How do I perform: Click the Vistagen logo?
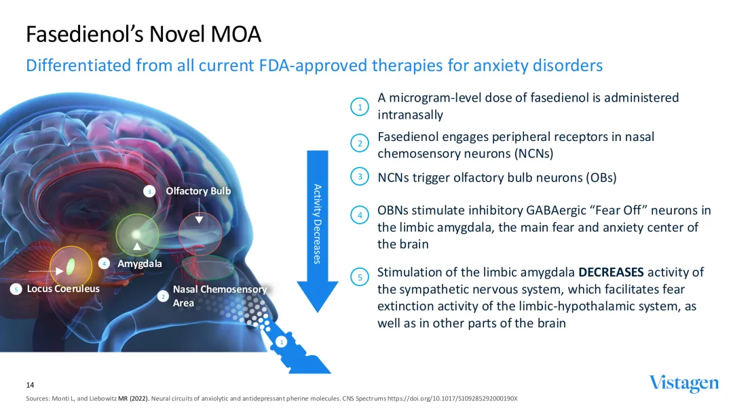pos(683,384)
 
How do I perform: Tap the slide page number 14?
pos(30,384)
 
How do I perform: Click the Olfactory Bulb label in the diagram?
pos(198,191)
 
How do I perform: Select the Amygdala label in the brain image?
pos(140,263)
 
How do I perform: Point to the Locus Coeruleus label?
pos(63,289)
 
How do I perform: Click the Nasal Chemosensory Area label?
pos(219,295)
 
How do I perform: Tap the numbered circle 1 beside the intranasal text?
pos(360,106)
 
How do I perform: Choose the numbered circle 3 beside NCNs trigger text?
pos(360,177)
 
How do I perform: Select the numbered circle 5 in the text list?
pos(360,277)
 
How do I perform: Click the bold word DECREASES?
pos(611,273)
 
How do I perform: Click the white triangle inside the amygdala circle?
pos(138,246)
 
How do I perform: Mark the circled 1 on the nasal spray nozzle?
pos(281,343)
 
